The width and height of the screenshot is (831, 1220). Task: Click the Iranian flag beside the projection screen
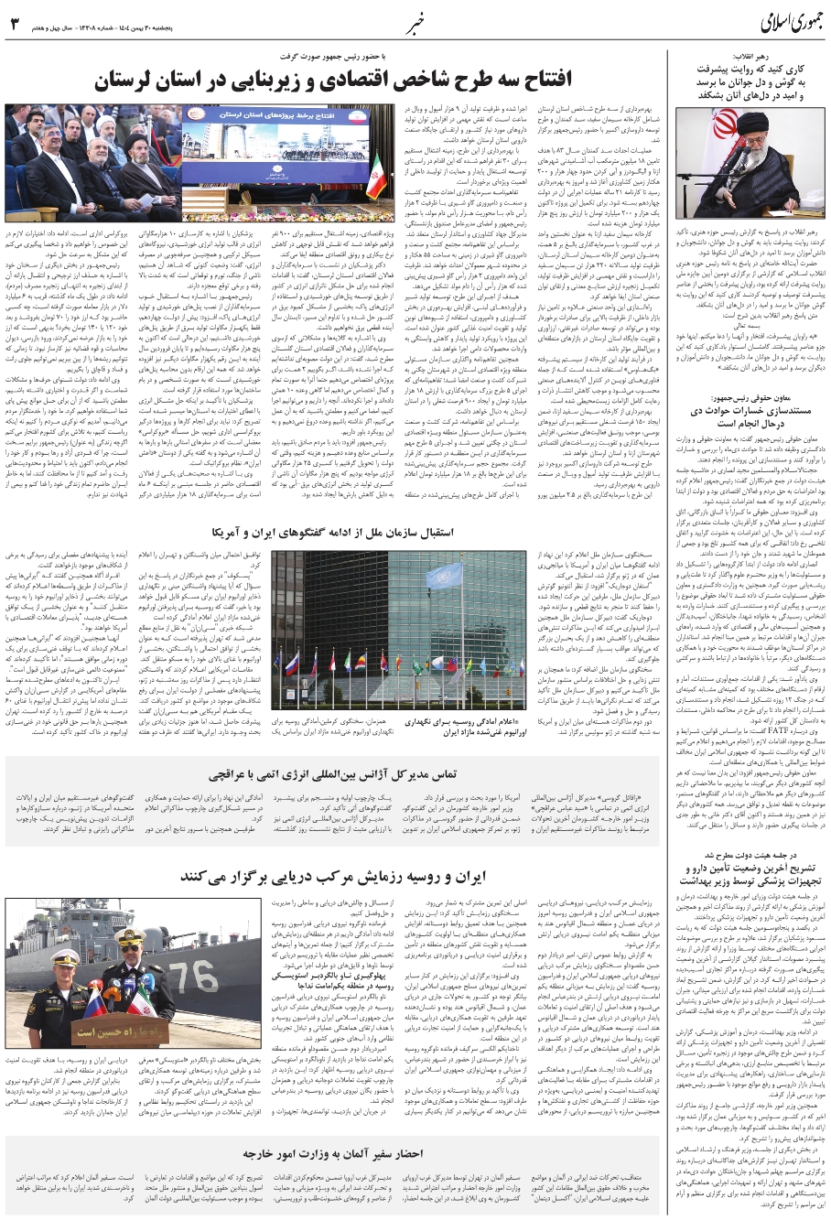(x=375, y=174)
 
